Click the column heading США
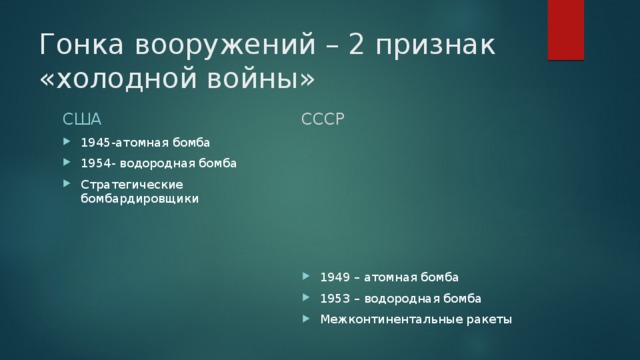pos(82,120)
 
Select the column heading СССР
pos(325,120)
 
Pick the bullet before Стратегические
pos(68,184)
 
